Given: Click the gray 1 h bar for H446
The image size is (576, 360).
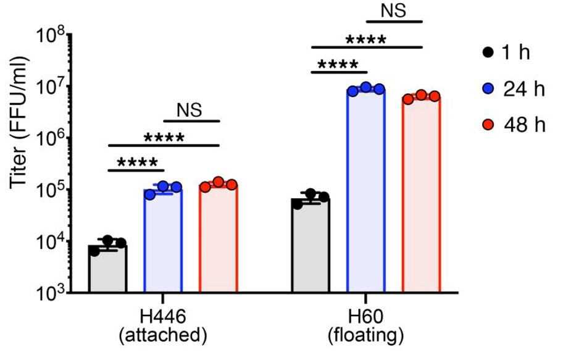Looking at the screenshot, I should click(x=108, y=269).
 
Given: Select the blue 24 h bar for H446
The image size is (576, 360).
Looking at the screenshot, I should click(x=163, y=241).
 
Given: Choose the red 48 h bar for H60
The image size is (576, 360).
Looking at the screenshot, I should click(x=421, y=194).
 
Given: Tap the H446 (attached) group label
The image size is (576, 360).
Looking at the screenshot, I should click(x=163, y=326).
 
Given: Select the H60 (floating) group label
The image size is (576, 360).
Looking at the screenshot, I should click(x=365, y=326).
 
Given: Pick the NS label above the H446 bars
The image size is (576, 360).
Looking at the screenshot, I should click(x=191, y=110).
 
